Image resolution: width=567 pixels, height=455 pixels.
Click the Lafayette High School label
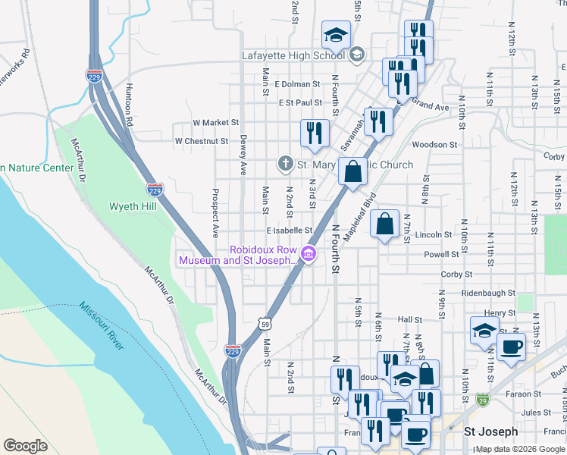click(293, 55)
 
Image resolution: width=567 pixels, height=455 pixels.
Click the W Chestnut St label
click(201, 141)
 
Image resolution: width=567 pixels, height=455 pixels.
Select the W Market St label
click(215, 122)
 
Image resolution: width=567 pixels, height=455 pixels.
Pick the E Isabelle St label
click(289, 230)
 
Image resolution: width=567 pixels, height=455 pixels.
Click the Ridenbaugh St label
click(488, 293)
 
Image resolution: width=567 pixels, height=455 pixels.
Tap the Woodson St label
click(434, 144)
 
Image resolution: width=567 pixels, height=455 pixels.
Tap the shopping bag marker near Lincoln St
click(385, 224)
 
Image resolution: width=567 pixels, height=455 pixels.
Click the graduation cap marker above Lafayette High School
click(336, 35)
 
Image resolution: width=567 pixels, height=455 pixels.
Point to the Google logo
click(26, 446)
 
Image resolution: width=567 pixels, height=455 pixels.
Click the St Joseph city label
click(490, 431)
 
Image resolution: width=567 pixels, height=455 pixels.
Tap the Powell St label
click(442, 255)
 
